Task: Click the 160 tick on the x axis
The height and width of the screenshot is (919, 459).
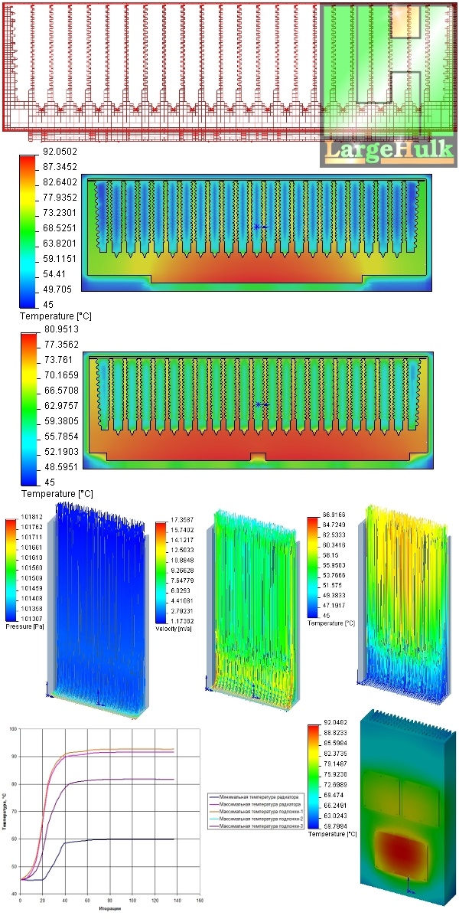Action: point(199,901)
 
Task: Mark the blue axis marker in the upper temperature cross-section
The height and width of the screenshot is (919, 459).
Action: point(261,227)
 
